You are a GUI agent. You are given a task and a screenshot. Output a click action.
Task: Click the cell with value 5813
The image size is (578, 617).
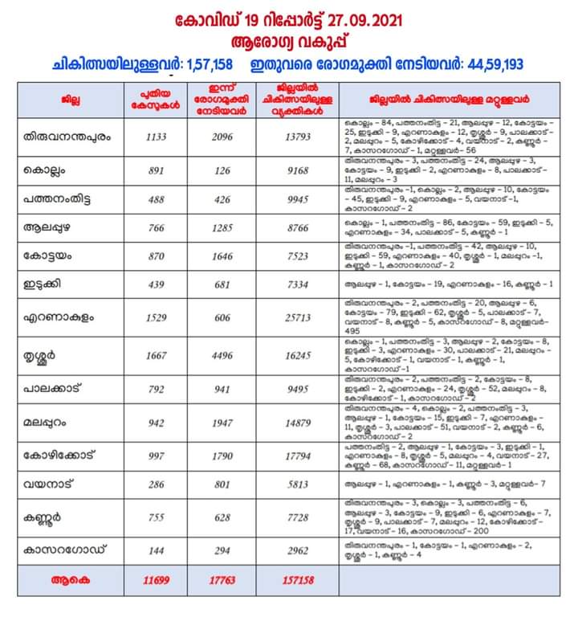(x=297, y=484)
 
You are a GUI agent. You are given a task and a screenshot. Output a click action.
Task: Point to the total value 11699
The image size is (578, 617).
(x=153, y=579)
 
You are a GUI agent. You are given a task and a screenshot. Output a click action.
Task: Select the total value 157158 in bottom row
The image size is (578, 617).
(x=297, y=579)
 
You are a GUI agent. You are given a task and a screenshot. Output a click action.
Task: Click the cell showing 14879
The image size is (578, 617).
(x=297, y=423)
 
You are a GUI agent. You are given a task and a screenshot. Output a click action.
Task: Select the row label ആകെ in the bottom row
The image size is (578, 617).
(x=66, y=579)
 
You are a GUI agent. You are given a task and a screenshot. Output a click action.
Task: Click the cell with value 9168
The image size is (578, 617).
(x=297, y=170)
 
